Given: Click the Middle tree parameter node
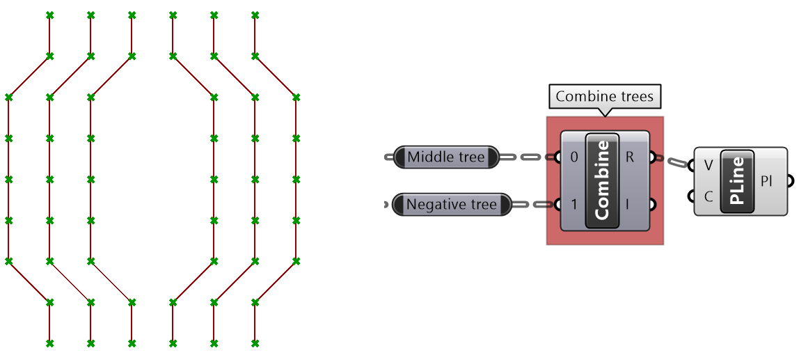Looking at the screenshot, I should tap(446, 157).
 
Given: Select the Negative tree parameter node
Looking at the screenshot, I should tap(451, 205).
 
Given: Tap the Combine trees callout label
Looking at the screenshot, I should tap(604, 97).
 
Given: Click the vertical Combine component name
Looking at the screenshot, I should tap(603, 180).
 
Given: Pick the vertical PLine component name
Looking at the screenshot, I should tap(738, 181).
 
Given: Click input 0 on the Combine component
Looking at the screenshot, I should tap(573, 157).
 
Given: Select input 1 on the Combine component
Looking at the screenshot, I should tap(573, 205).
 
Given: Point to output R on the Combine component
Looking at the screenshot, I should tap(631, 157).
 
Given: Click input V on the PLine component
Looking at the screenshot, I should tap(708, 166).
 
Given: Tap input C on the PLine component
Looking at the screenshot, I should tap(708, 196).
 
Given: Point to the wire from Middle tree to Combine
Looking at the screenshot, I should tap(527, 157).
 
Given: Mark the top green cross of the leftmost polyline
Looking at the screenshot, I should tap(49, 15).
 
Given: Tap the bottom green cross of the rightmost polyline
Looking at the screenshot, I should tap(255, 343).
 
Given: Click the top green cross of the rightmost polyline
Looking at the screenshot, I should tap(255, 15).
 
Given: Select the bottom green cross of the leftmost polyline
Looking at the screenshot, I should tap(49, 343).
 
